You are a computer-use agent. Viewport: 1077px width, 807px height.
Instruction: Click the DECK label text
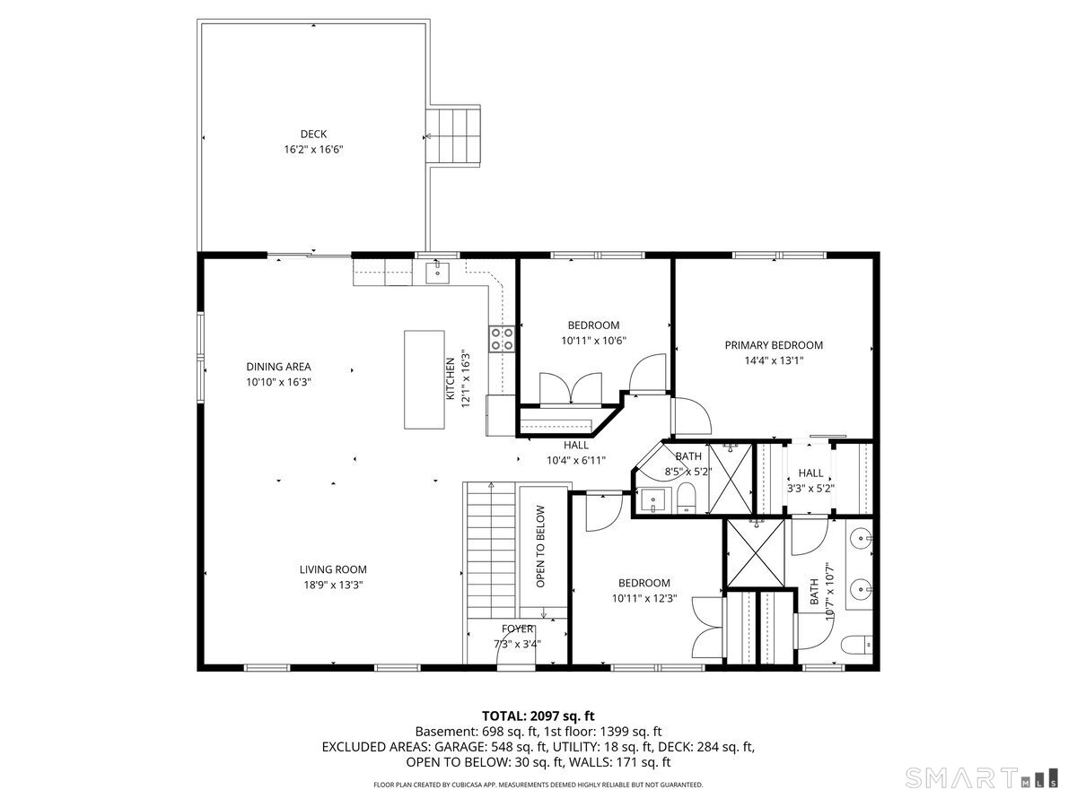tap(313, 134)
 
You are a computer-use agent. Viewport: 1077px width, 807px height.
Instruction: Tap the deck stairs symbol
tap(453, 135)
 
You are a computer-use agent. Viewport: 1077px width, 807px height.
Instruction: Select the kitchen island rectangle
tap(425, 379)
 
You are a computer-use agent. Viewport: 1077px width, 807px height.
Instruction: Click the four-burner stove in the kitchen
tap(502, 338)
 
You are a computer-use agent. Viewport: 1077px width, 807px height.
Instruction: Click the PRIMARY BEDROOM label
tap(774, 345)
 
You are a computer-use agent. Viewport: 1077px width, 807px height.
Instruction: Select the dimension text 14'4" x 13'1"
tap(774, 360)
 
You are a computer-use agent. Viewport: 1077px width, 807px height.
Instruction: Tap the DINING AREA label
tap(278, 367)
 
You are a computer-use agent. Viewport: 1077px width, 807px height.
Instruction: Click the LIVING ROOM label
tap(333, 569)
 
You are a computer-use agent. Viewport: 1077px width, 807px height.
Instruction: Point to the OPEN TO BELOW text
tap(541, 547)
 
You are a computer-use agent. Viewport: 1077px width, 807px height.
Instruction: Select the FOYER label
tap(518, 629)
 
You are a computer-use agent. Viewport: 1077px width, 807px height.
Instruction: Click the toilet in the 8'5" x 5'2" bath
tap(687, 499)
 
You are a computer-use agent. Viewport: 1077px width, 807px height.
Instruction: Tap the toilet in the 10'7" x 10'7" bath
tap(858, 644)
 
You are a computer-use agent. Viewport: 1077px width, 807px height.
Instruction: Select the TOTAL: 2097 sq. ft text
tap(538, 716)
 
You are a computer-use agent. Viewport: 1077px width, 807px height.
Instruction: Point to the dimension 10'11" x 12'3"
tap(644, 598)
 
